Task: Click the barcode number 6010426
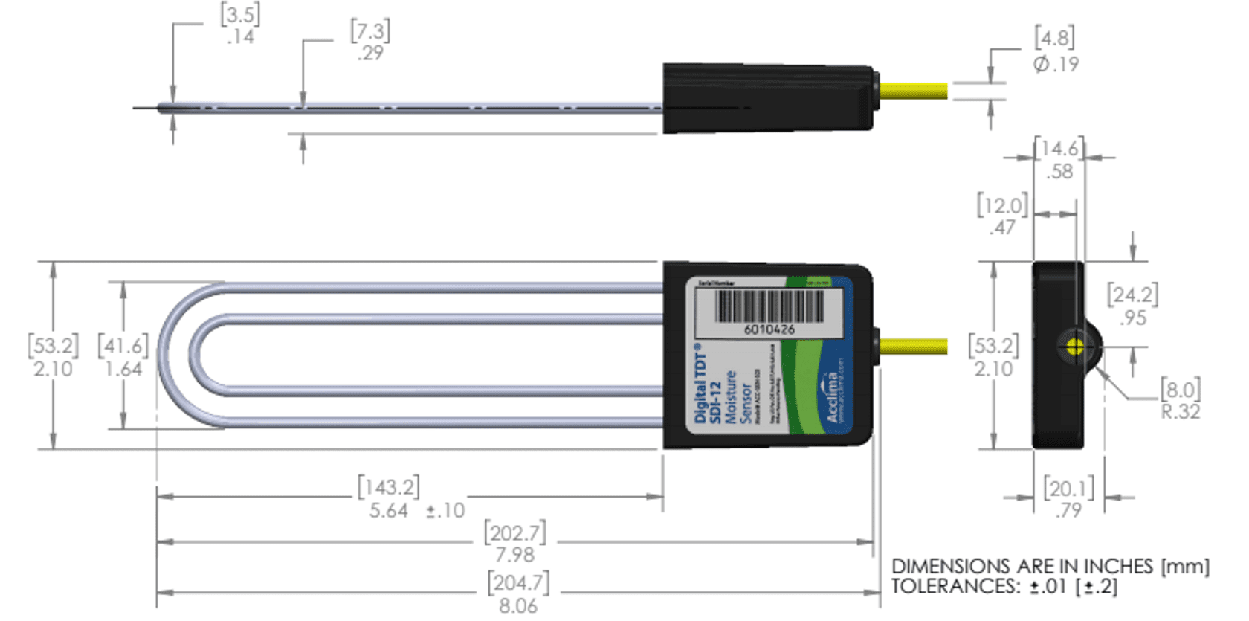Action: (769, 329)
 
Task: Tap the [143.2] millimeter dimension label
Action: (388, 487)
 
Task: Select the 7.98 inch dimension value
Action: (514, 555)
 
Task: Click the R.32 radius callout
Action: (1181, 412)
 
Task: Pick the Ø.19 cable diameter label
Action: (1056, 65)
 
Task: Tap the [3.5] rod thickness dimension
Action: (240, 14)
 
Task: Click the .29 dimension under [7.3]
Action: (369, 54)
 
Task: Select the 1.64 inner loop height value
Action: (123, 369)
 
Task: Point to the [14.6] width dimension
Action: (1059, 148)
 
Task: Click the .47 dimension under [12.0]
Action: (1002, 228)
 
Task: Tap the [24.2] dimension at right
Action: (1132, 295)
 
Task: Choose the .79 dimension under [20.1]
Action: (1068, 511)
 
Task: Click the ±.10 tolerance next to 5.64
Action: (445, 511)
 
